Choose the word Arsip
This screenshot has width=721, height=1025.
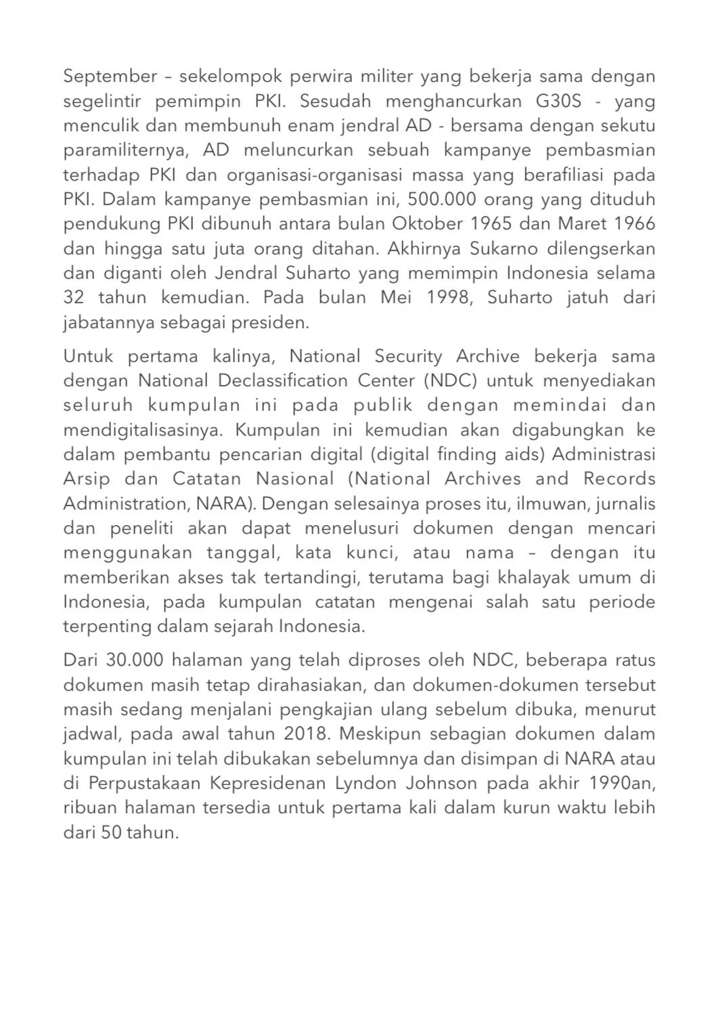[x=87, y=479]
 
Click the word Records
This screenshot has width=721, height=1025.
[x=619, y=479]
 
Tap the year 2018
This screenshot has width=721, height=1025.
[x=307, y=733]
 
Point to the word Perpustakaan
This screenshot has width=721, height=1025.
[x=145, y=783]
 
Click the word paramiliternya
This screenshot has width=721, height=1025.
[x=125, y=150]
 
